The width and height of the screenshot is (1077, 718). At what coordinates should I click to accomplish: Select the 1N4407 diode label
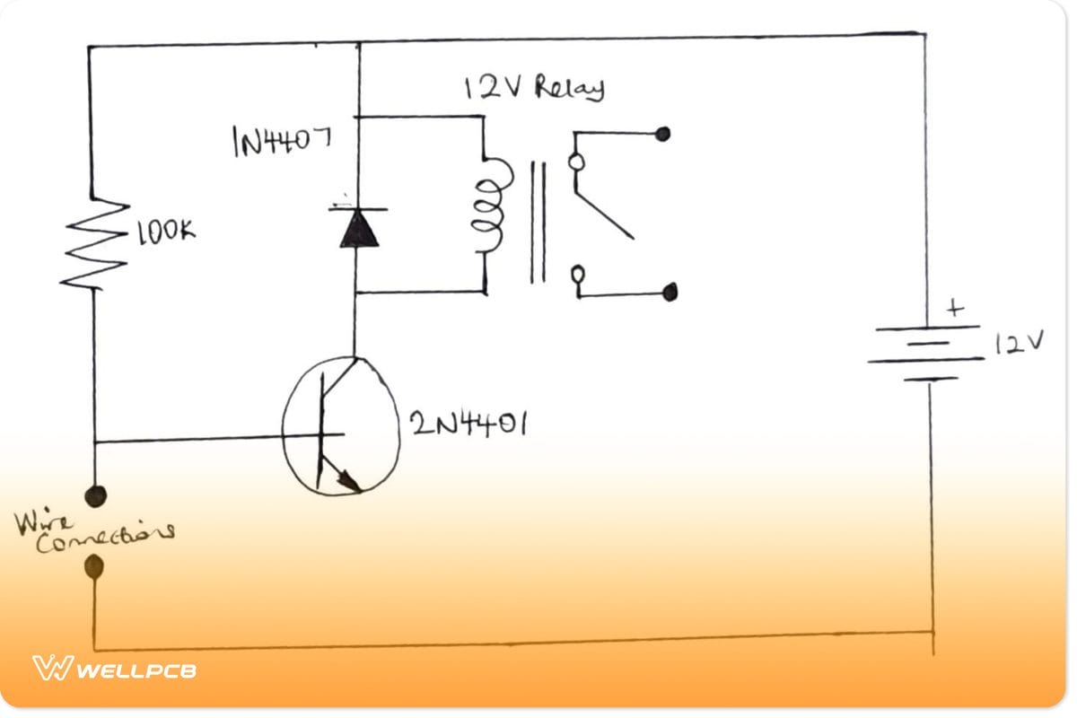[x=281, y=141]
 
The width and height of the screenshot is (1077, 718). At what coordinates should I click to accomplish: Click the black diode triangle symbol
[x=359, y=230]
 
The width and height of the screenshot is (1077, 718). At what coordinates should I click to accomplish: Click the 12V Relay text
[x=533, y=88]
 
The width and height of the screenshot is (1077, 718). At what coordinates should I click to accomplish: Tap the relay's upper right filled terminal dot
[x=663, y=135]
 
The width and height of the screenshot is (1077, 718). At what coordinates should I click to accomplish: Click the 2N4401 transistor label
[x=467, y=422]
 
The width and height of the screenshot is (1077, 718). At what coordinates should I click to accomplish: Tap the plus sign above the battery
[x=955, y=309]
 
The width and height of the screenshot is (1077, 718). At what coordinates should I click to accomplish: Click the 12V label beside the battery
[x=1019, y=342]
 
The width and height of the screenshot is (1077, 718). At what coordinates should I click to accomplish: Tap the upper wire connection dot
[x=93, y=495]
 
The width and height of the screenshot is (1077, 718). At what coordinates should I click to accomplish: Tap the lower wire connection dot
[x=93, y=566]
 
